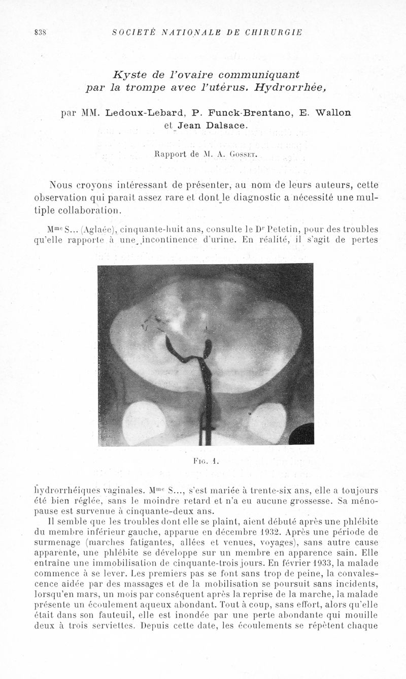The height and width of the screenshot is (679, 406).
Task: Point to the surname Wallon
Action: tap(332, 112)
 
